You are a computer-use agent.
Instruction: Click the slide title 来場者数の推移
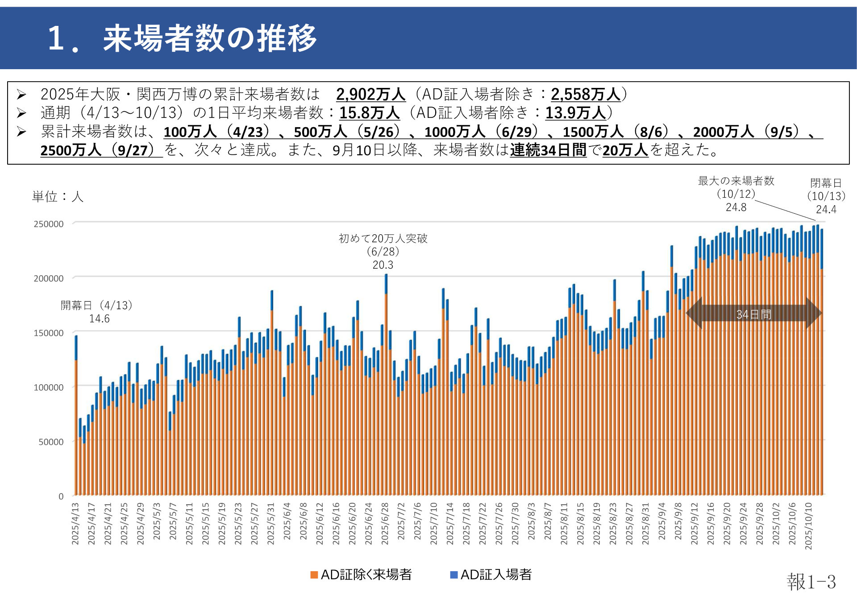(210, 38)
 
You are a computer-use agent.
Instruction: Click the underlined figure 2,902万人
(370, 95)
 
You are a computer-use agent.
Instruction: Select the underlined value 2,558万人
(585, 95)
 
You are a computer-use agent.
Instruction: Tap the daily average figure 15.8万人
(369, 113)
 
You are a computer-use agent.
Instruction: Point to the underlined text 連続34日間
(548, 150)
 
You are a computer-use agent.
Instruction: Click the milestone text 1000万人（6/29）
(481, 132)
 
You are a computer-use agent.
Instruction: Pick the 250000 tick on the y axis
(49, 224)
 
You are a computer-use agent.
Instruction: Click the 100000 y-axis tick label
(49, 387)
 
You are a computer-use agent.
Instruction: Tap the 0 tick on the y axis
(61, 496)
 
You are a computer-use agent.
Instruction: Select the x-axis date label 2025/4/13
(75, 523)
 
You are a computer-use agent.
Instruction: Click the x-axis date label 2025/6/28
(385, 523)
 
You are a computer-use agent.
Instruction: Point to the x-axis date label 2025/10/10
(808, 526)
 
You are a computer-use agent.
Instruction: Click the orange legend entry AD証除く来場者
(361, 575)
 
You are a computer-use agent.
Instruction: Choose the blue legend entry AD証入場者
(491, 575)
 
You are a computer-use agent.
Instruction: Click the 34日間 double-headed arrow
(753, 314)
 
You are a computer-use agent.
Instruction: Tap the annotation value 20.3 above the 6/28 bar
(383, 265)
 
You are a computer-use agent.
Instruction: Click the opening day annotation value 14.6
(99, 319)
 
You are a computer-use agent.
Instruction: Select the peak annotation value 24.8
(736, 208)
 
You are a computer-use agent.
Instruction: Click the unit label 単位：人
(58, 196)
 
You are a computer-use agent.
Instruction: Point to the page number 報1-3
(811, 582)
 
